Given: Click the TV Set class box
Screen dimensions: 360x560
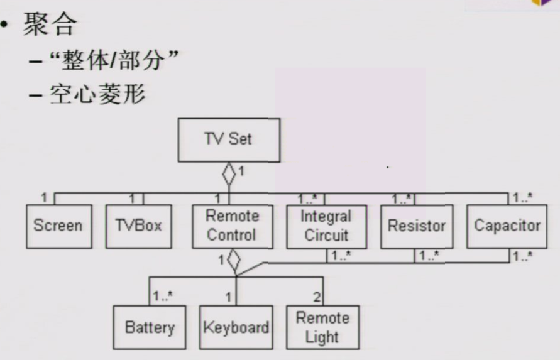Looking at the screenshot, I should click(228, 140).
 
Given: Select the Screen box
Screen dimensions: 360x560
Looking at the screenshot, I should click(58, 226).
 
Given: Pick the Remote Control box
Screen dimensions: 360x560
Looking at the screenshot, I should click(232, 226).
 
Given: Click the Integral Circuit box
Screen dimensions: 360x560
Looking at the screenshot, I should click(326, 226).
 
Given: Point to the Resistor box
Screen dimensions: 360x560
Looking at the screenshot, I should click(417, 226).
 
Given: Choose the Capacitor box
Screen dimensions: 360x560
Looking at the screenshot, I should click(507, 226).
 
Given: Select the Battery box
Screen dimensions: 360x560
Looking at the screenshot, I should click(150, 327).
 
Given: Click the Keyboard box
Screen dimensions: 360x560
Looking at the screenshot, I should click(236, 327).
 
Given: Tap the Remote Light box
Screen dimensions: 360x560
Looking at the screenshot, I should click(322, 327).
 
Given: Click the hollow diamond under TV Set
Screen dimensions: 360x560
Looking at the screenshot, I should click(229, 174).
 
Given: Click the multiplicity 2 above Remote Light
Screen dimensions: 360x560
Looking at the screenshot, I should click(317, 295).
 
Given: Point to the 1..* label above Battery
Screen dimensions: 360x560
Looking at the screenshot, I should click(162, 295).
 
